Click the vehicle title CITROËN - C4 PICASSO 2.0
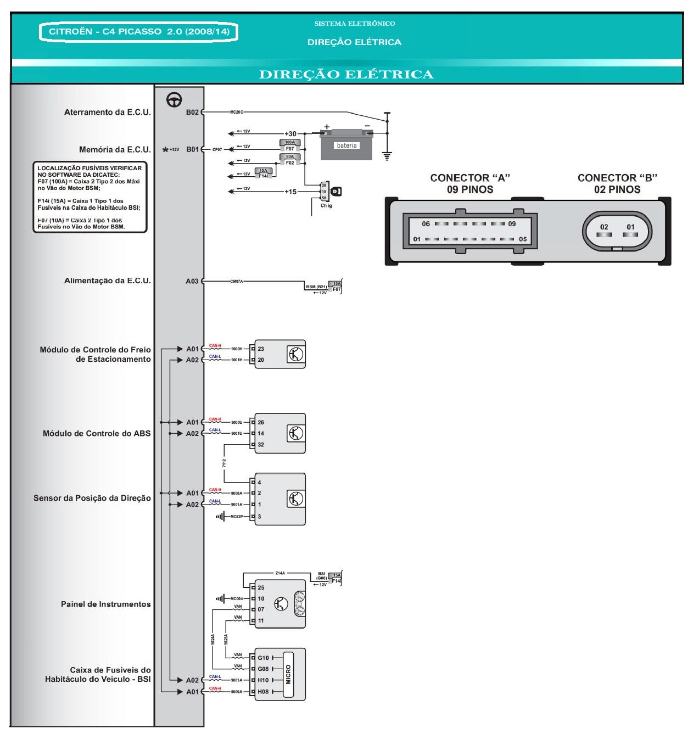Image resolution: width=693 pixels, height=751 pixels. [x=138, y=31]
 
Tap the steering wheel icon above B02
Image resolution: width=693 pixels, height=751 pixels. [x=175, y=99]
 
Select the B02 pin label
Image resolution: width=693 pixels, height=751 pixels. [x=192, y=112]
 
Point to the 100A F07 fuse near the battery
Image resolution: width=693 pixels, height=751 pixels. [x=290, y=145]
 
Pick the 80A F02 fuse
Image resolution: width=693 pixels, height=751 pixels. [x=290, y=160]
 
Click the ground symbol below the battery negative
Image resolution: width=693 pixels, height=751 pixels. [x=387, y=156]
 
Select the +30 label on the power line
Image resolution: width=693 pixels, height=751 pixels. [x=290, y=133]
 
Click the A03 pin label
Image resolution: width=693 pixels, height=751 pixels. [x=192, y=281]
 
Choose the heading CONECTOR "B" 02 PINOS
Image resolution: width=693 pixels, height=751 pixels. [x=617, y=184]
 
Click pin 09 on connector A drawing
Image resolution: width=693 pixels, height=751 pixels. [x=512, y=224]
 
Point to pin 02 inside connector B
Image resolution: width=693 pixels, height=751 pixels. [x=604, y=227]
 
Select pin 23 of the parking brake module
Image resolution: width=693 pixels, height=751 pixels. [x=261, y=349]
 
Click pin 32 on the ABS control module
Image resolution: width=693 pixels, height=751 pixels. [x=261, y=445]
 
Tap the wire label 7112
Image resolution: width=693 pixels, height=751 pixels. [x=224, y=463]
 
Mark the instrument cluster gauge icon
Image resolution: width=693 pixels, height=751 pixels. [x=299, y=603]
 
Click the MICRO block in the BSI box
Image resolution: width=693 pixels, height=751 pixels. [x=288, y=675]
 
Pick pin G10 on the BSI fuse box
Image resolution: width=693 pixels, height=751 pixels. [x=264, y=658]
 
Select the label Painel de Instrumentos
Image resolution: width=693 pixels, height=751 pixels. [x=105, y=604]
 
